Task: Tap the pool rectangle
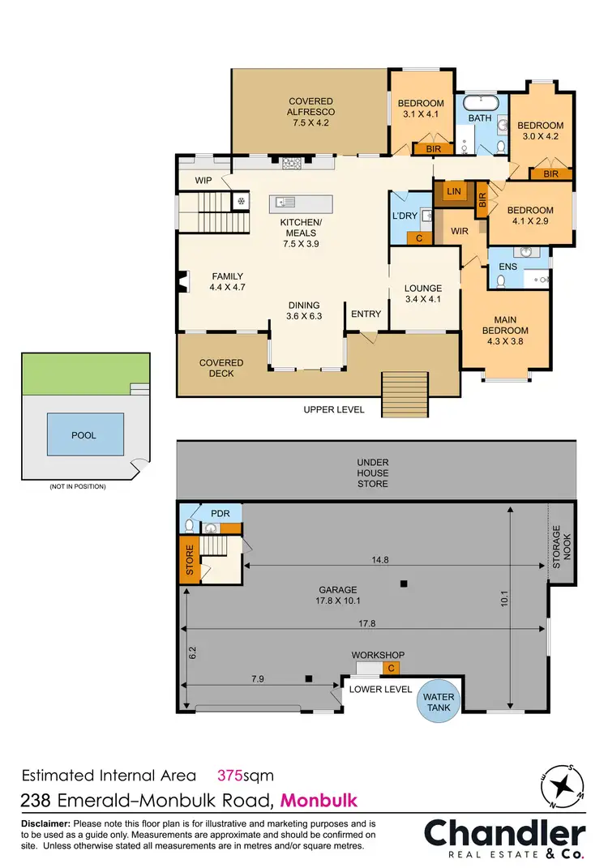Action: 83,435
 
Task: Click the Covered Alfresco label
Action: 311,112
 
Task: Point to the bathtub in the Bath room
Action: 481,103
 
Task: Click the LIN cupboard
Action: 454,191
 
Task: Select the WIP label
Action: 203,181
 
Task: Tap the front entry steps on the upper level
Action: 405,392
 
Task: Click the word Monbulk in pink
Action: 319,801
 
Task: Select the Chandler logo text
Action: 504,834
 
